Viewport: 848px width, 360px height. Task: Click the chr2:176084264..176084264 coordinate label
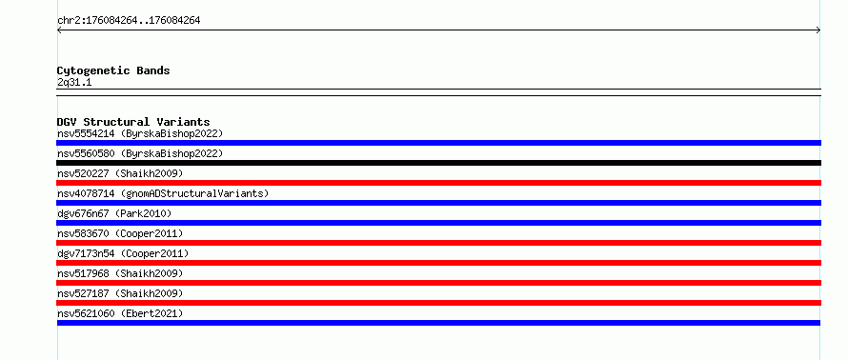pos(129,21)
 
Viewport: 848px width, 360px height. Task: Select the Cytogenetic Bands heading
pos(113,70)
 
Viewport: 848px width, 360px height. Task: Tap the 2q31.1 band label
pos(74,82)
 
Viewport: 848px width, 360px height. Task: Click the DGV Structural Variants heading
pos(133,122)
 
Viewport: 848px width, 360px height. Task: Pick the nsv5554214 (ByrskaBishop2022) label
pos(140,133)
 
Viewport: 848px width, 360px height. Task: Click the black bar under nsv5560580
pos(438,163)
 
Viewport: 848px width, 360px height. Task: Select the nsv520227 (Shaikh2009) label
pos(120,173)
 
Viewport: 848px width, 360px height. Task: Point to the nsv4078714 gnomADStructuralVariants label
pos(163,193)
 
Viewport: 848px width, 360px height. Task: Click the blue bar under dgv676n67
pos(438,223)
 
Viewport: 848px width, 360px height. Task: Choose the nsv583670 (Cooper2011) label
pos(120,233)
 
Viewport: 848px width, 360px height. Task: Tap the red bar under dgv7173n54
pos(438,263)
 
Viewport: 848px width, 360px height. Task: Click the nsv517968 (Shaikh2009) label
pos(120,273)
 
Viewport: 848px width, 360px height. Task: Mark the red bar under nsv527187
pos(438,303)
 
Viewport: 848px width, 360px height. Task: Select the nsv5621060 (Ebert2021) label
pos(120,313)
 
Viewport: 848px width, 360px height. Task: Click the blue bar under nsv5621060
pos(438,323)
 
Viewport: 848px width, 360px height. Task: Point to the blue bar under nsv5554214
pos(438,143)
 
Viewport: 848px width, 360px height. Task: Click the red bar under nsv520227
pos(438,183)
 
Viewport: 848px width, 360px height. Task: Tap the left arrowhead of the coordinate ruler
pos(57,30)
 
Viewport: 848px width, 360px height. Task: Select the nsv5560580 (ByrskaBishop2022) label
pos(140,153)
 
